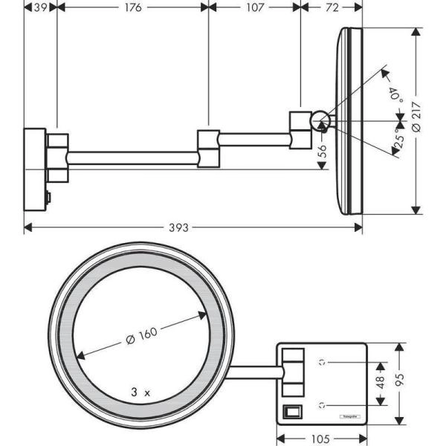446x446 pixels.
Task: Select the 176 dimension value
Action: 132,7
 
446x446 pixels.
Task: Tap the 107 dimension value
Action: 255,7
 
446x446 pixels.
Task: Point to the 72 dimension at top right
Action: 332,7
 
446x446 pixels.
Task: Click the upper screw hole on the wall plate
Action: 323,363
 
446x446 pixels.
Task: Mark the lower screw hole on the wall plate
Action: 323,405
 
